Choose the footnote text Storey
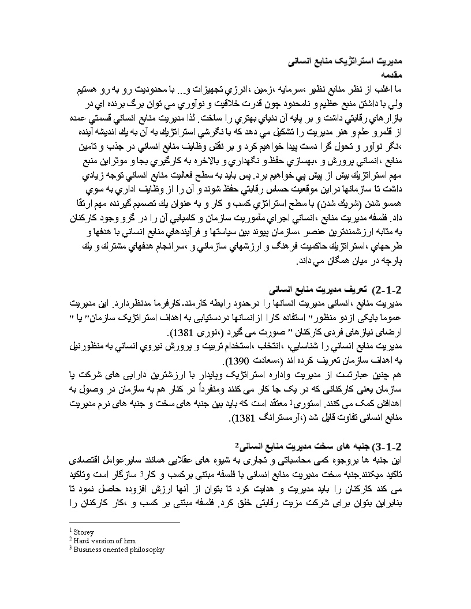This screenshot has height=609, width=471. pyautogui.click(x=84, y=532)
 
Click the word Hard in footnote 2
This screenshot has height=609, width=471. pyautogui.click(x=82, y=541)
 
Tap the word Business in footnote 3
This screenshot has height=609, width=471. pyautogui.click(x=88, y=550)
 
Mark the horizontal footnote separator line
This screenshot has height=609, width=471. pyautogui.click(x=115, y=522)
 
